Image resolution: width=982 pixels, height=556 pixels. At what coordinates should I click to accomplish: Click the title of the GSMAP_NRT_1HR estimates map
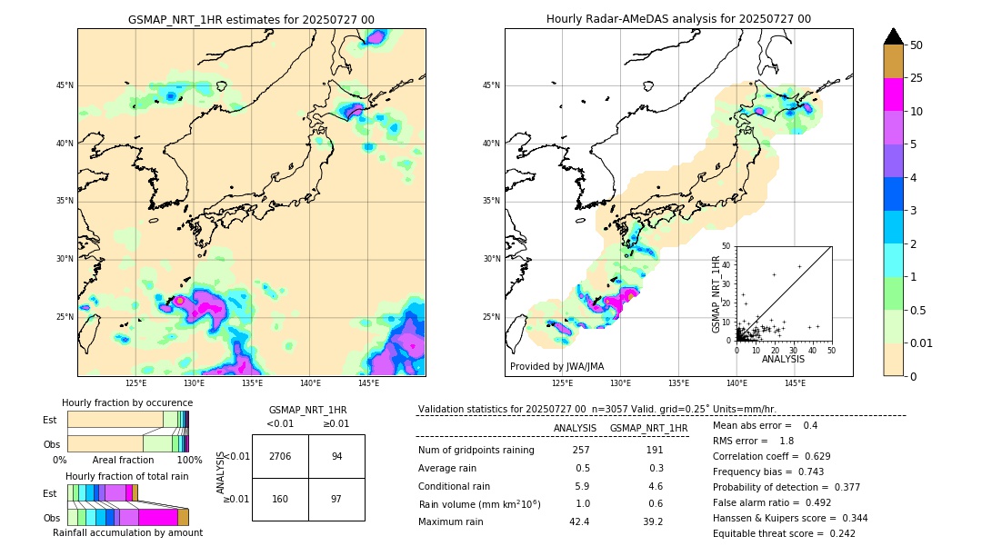click(x=251, y=19)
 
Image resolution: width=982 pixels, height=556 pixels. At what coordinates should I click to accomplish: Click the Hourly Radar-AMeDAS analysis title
click(x=678, y=19)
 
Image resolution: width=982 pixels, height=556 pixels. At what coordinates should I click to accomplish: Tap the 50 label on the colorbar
click(x=917, y=45)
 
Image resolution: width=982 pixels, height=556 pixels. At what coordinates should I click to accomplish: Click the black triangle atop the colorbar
click(x=894, y=36)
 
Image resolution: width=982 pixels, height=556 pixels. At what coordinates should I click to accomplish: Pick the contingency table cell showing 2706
click(x=280, y=456)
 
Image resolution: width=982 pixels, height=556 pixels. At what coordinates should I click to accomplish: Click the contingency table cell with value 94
click(x=336, y=456)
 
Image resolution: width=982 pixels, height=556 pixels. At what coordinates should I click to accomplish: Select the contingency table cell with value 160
click(x=280, y=499)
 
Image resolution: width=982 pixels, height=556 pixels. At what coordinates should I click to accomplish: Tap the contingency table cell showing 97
click(x=336, y=499)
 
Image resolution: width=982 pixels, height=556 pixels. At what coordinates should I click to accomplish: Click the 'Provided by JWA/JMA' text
click(x=556, y=367)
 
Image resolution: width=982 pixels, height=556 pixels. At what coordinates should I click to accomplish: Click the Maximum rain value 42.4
click(x=578, y=521)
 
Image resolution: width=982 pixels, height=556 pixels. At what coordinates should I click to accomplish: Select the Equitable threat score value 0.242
click(x=837, y=533)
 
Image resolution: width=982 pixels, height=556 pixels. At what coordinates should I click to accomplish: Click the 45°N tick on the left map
click(x=65, y=85)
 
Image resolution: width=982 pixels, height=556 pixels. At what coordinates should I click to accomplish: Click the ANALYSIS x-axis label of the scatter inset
click(x=783, y=359)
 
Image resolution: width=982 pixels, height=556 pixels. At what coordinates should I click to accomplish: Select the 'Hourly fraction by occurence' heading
click(x=127, y=402)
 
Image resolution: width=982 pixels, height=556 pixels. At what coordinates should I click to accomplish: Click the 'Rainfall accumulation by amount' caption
click(x=127, y=532)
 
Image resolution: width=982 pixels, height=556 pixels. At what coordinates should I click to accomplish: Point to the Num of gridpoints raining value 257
click(x=581, y=450)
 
